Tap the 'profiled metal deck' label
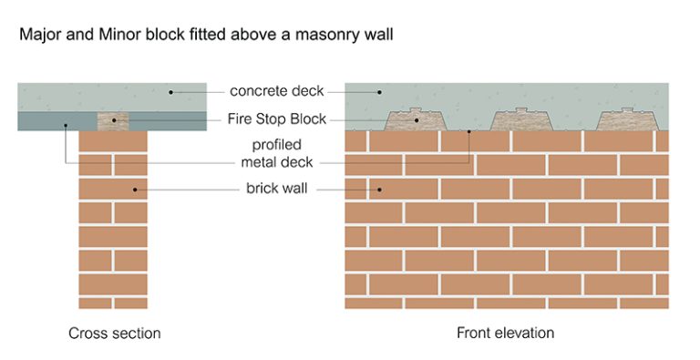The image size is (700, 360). tap(271, 154)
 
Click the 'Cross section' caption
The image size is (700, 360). tap(115, 334)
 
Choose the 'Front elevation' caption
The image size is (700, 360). tap(505, 334)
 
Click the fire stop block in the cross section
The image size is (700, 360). tap(113, 120)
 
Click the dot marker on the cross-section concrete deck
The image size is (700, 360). tap(171, 91)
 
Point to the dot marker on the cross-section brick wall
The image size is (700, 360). tap(136, 190)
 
